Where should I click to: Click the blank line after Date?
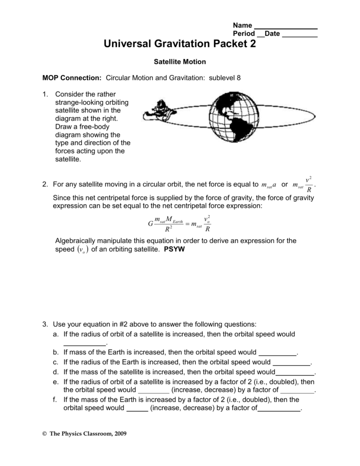pos(299,37)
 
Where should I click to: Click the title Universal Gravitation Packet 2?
pos(180,44)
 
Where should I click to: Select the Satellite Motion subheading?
pos(180,61)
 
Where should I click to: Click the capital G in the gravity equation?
pos(151,224)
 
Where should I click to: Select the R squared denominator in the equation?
pos(168,229)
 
